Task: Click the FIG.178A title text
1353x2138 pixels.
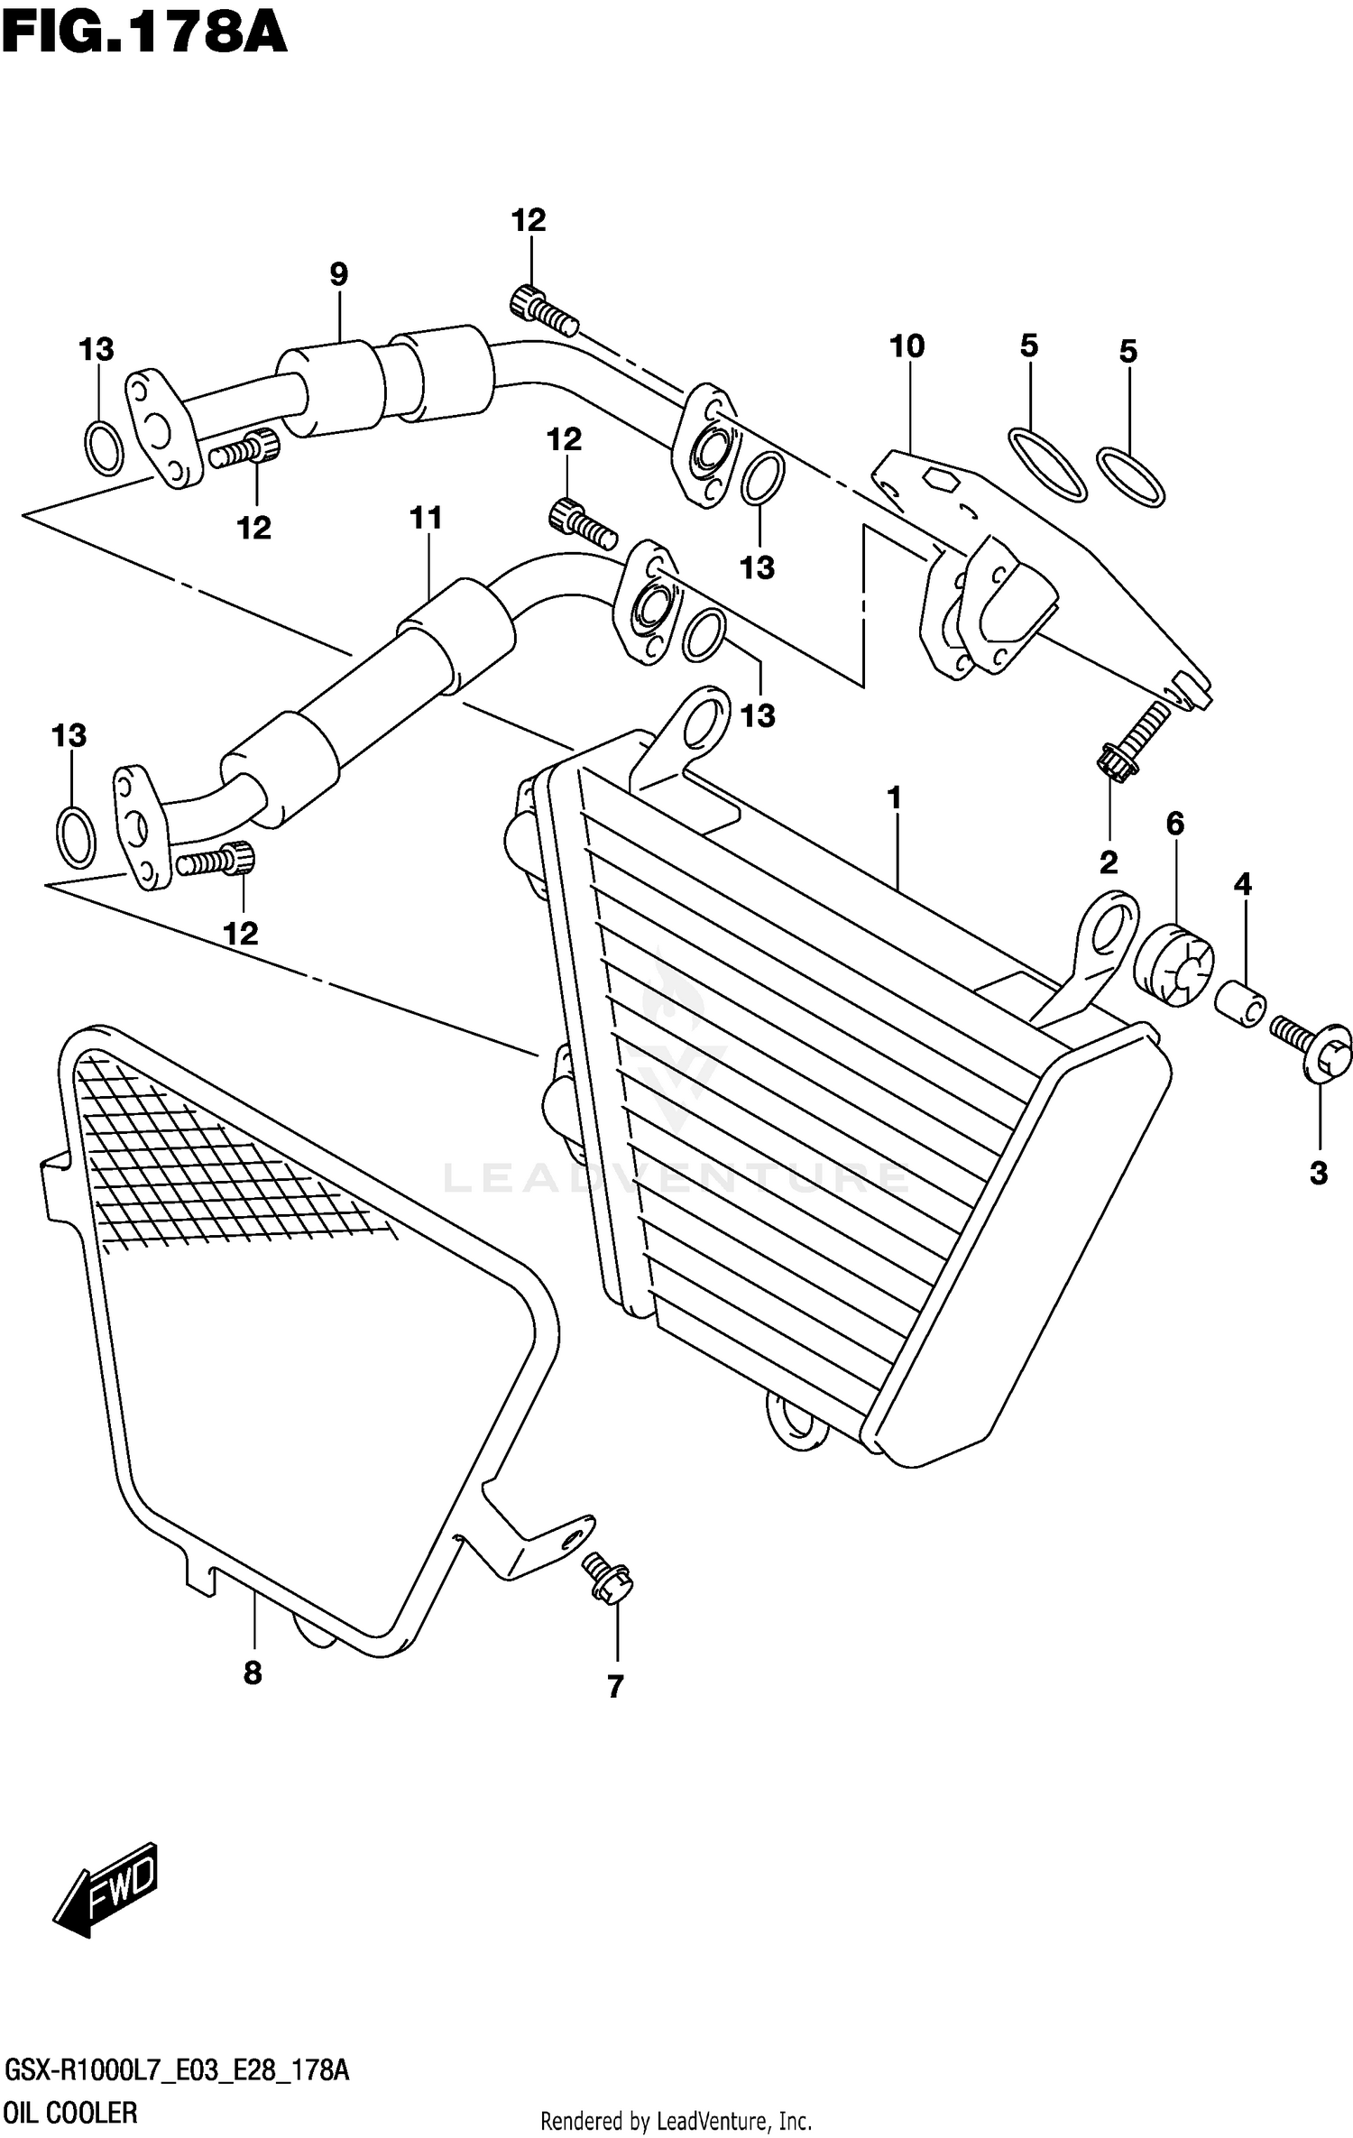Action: pyautogui.click(x=144, y=36)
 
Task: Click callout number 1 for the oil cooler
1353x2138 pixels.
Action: pyautogui.click(x=894, y=798)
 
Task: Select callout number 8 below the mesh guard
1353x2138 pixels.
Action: pyautogui.click(x=253, y=1673)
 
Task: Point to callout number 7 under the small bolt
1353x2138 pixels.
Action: pyautogui.click(x=615, y=1686)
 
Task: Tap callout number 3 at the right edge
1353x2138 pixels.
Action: pyautogui.click(x=1318, y=1173)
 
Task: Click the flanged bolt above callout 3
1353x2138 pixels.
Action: pyautogui.click(x=1312, y=1046)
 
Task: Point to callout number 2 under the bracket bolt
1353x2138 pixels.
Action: pyautogui.click(x=1109, y=862)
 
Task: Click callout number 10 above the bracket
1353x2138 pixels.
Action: pyautogui.click(x=907, y=346)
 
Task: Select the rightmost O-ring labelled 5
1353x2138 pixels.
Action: pyautogui.click(x=1131, y=476)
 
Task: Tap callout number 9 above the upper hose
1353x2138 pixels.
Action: pyautogui.click(x=338, y=274)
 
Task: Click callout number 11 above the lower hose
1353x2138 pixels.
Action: pyautogui.click(x=426, y=518)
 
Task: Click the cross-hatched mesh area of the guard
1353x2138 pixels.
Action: pyautogui.click(x=207, y=1164)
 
